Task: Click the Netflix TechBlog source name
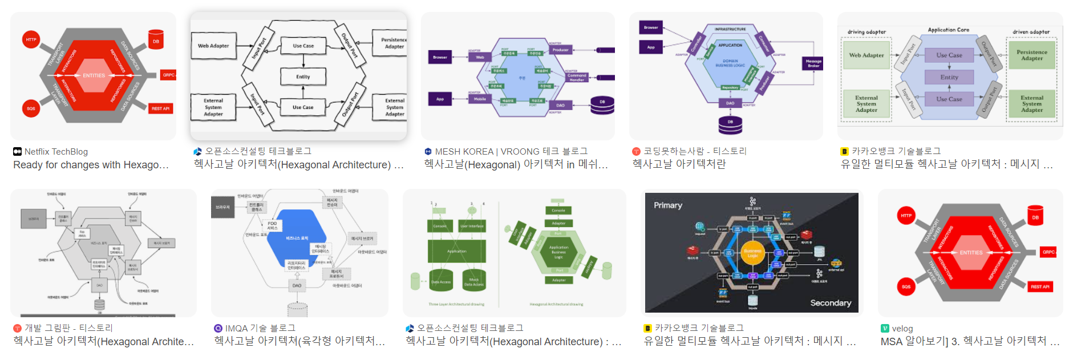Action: (56, 152)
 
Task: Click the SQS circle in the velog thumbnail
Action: (906, 286)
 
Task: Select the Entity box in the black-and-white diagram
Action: (303, 76)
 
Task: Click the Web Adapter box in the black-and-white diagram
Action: (213, 46)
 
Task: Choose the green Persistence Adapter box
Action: (1031, 55)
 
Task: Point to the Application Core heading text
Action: (948, 30)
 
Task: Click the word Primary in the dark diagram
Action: (668, 205)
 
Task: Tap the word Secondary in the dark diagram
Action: (831, 303)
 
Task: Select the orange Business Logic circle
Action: (752, 253)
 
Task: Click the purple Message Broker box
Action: (813, 63)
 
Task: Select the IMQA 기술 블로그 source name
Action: (260, 328)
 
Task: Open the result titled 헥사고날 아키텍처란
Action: (679, 164)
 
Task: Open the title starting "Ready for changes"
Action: (91, 165)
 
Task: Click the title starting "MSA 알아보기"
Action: (970, 341)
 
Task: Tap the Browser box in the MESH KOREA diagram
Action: (440, 57)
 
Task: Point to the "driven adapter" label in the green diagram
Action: (1031, 32)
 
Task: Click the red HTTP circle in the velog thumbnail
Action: (906, 216)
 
